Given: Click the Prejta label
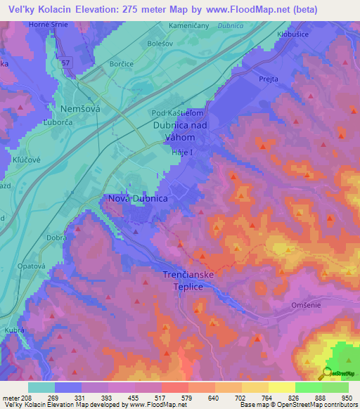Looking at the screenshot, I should click(269, 80).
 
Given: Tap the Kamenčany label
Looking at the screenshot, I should click(188, 26).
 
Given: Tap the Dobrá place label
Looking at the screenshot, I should click(58, 238).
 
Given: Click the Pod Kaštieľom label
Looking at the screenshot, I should click(177, 112).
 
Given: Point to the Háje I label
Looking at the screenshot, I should click(181, 152).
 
